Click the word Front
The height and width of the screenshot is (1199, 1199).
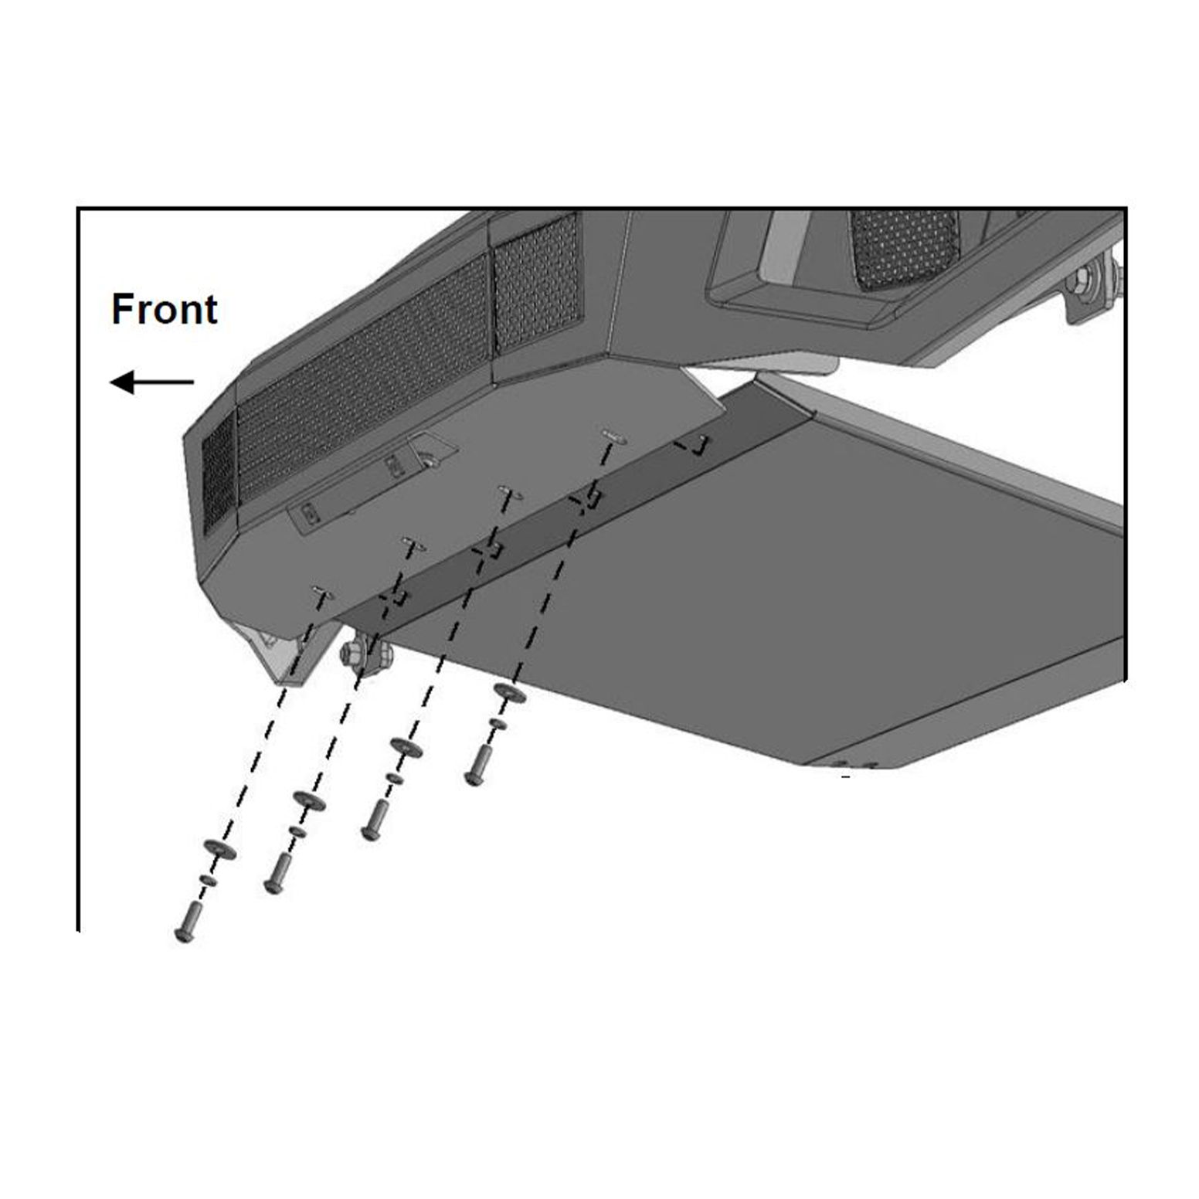coord(165,309)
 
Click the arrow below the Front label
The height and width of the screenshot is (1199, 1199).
coord(152,382)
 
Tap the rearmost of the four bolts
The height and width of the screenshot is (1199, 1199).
coord(476,766)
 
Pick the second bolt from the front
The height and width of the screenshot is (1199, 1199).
coord(277,874)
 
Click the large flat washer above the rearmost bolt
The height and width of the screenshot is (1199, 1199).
coord(510,694)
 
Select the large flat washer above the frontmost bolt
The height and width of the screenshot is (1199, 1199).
coord(219,850)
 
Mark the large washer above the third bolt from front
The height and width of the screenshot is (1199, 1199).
coord(406,748)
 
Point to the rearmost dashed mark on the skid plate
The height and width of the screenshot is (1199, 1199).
coord(691,445)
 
